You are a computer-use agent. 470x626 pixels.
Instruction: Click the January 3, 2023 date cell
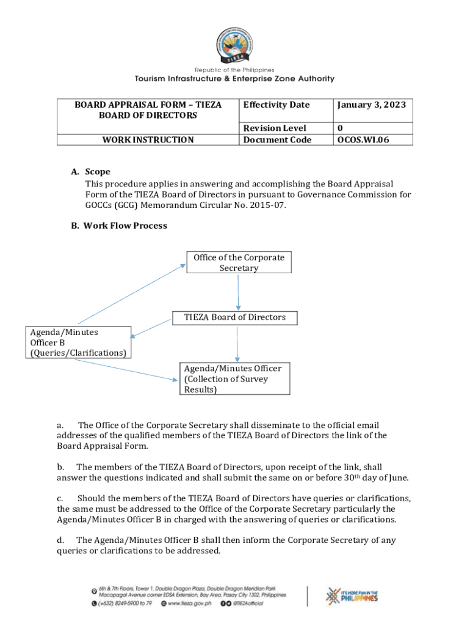coord(371,105)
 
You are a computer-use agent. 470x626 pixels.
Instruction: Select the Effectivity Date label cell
coord(276,105)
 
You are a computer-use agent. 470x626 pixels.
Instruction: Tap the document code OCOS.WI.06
coord(363,140)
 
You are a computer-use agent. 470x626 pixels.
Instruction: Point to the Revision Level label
coord(274,128)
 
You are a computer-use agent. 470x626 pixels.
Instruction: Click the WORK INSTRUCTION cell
coord(148,140)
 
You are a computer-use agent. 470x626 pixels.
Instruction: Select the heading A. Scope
coord(91,172)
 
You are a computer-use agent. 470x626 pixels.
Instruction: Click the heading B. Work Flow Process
coord(119,226)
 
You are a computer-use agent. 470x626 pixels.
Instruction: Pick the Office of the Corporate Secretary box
coord(239,263)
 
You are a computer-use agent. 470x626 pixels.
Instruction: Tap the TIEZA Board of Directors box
coord(235,317)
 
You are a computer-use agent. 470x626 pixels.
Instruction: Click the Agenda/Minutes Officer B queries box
coord(79,342)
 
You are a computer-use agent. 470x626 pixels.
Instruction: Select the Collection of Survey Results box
coord(235,379)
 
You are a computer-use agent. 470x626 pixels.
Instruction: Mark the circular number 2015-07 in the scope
coord(266,205)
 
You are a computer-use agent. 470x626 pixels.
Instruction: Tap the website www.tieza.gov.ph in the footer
coord(188,603)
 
